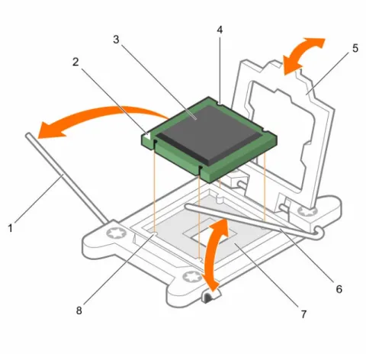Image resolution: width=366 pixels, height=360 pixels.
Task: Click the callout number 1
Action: [x=11, y=228]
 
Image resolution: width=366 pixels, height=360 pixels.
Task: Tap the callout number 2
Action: [x=75, y=62]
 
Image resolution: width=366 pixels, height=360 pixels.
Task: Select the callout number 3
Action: [x=116, y=40]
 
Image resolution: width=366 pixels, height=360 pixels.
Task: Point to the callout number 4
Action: [x=220, y=30]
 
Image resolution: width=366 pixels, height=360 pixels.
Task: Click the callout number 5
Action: [x=355, y=48]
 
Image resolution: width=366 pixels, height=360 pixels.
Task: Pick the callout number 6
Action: [x=339, y=289]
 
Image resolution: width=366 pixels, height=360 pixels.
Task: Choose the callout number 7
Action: [x=303, y=314]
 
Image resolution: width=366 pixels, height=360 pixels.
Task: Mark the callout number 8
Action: [x=79, y=310]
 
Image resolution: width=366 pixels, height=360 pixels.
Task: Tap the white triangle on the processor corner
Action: [x=148, y=135]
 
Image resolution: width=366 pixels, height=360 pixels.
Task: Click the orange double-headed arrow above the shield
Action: [x=303, y=56]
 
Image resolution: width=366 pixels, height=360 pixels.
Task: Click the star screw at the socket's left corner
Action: [x=117, y=233]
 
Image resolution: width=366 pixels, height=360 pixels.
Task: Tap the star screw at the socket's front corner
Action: [x=192, y=276]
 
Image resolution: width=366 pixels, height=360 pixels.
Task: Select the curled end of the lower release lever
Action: [x=318, y=233]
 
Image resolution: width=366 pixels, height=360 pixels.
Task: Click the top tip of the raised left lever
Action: [x=28, y=134]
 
